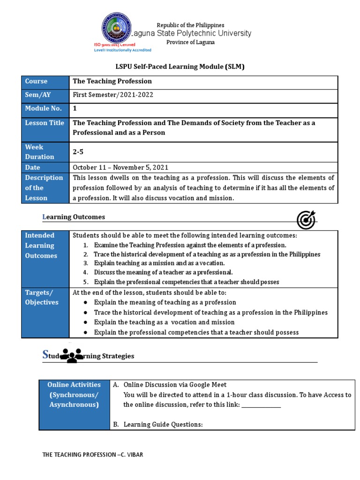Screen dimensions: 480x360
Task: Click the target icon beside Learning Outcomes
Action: coord(306,220)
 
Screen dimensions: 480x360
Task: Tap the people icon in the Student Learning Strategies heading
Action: coord(72,356)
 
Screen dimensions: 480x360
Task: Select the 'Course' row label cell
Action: coord(45,82)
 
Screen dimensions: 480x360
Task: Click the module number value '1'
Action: coord(75,109)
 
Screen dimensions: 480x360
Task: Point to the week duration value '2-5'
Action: coord(78,152)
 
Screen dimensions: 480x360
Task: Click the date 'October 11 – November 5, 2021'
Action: coord(120,167)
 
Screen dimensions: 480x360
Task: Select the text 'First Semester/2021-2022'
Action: coord(113,95)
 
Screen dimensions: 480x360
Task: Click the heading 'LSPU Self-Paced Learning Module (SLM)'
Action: coord(180,67)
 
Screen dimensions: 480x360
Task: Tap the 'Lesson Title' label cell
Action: coord(45,123)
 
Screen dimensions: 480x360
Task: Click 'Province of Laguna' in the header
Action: coord(190,42)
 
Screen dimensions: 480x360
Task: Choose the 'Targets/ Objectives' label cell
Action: coord(45,297)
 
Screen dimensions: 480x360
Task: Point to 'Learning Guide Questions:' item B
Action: coord(163,425)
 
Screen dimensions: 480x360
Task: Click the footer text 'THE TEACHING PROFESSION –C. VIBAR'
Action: coord(96,455)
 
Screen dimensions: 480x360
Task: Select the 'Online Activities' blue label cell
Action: coord(74,395)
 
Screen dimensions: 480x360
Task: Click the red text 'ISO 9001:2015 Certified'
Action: coord(115,45)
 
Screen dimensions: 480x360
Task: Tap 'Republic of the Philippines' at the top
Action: coord(190,25)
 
